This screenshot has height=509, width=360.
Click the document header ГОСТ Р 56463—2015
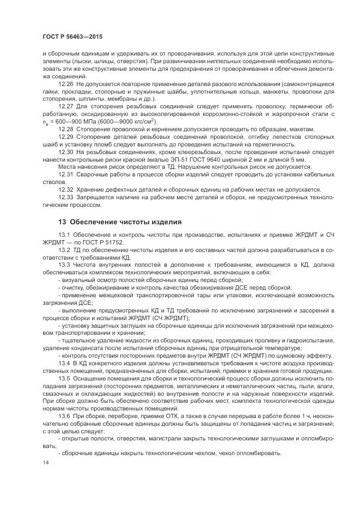(x=72, y=36)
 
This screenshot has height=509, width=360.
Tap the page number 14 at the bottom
(x=45, y=462)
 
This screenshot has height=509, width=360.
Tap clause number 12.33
(x=66, y=197)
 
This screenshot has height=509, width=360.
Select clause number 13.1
(x=65, y=234)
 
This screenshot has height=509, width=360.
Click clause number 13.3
(x=65, y=263)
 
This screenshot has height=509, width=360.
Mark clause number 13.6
(x=65, y=416)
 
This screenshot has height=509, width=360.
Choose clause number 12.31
(x=66, y=174)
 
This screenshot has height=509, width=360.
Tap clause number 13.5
(x=65, y=378)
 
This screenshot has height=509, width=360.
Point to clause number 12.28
(x=66, y=129)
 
